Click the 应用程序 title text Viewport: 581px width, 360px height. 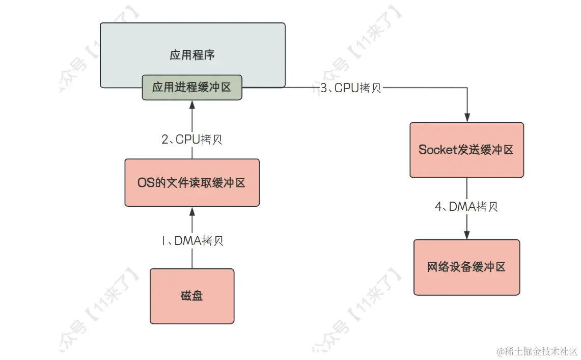(192, 55)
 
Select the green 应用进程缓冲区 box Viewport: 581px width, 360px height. (191, 87)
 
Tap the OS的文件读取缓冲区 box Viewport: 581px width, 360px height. (192, 182)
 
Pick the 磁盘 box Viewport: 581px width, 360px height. (192, 296)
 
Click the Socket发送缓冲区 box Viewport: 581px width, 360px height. (466, 150)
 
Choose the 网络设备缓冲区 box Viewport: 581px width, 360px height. (466, 267)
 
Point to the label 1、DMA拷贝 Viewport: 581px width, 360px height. (192, 240)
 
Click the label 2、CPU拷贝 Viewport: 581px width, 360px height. (192, 140)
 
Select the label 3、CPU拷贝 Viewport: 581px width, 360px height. (351, 88)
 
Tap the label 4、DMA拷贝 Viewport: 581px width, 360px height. (466, 207)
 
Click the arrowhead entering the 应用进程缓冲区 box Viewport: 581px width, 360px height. (192, 104)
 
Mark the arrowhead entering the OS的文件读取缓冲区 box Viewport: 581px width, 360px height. (192, 210)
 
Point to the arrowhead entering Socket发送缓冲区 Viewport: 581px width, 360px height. (467, 118)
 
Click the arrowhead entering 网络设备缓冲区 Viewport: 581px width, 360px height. (467, 235)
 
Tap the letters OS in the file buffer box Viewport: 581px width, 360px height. (144, 182)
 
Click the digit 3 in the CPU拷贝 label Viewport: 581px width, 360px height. (324, 88)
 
